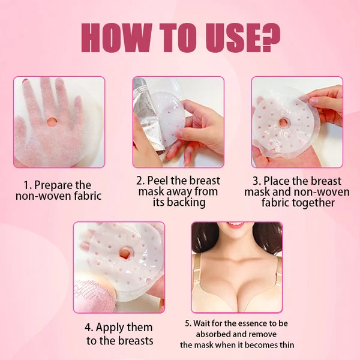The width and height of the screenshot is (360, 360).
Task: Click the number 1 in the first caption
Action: pos(26,185)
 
